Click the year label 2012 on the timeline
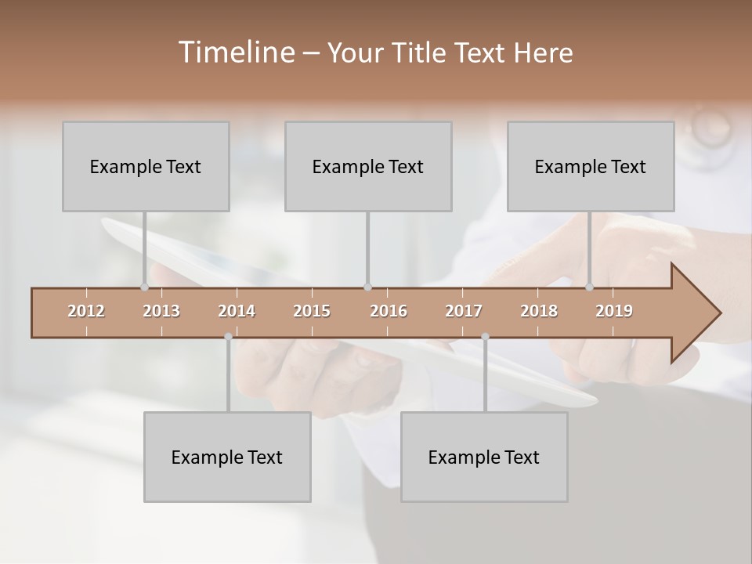point(86,311)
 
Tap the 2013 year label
point(161,311)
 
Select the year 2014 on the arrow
point(237,311)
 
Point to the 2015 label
point(312,311)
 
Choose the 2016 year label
point(389,311)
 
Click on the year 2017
point(464,311)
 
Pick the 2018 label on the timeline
point(539,311)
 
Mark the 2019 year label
point(614,311)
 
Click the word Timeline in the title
point(235,52)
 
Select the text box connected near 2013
point(146,166)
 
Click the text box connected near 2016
point(368,166)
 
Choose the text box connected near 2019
point(591,166)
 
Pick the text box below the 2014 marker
point(227,457)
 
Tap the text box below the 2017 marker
point(484,457)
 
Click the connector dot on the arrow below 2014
point(228,337)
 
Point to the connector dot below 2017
point(485,337)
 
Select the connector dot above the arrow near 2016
point(367,287)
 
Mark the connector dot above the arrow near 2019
point(590,287)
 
